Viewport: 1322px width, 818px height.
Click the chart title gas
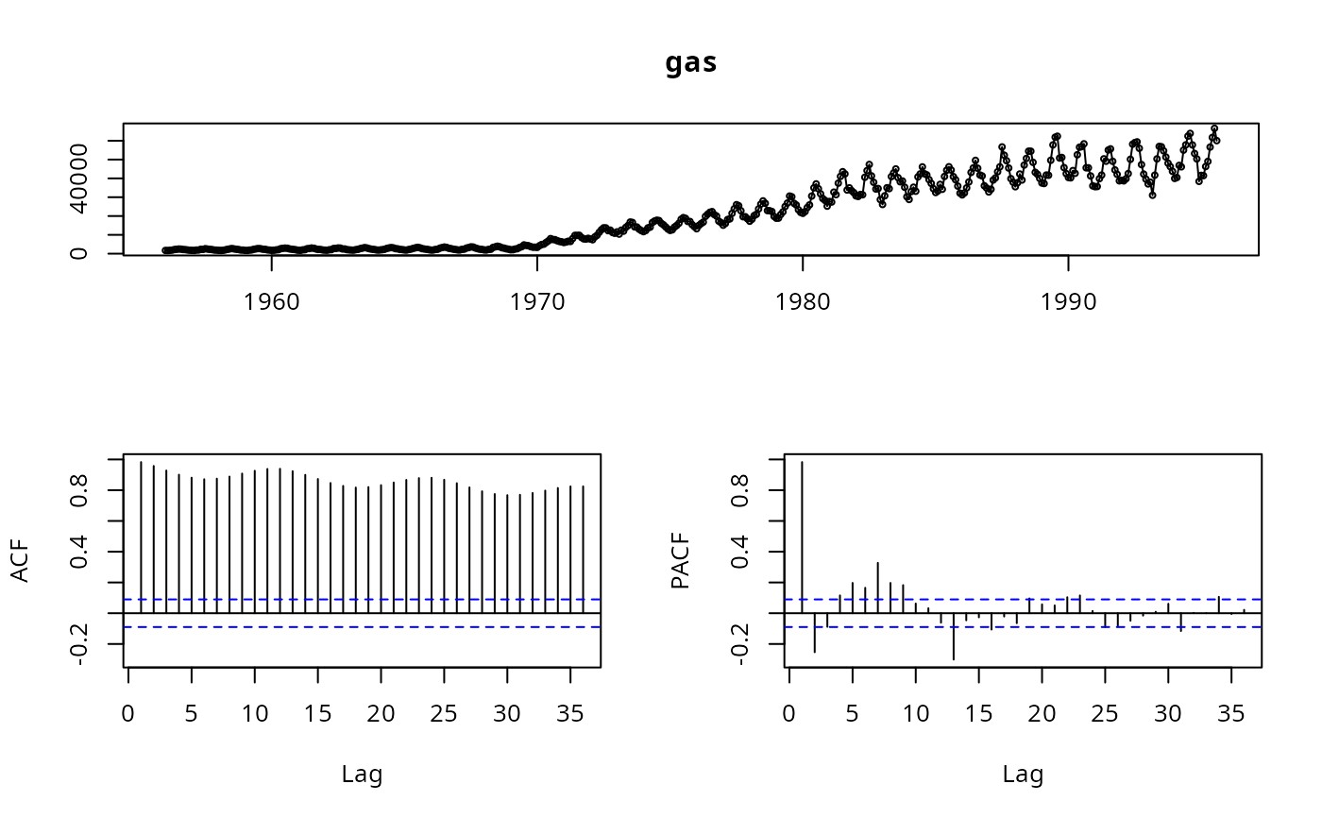tap(691, 63)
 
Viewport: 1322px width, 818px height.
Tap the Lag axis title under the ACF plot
tap(362, 775)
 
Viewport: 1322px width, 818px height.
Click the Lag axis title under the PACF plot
tap(1023, 775)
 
